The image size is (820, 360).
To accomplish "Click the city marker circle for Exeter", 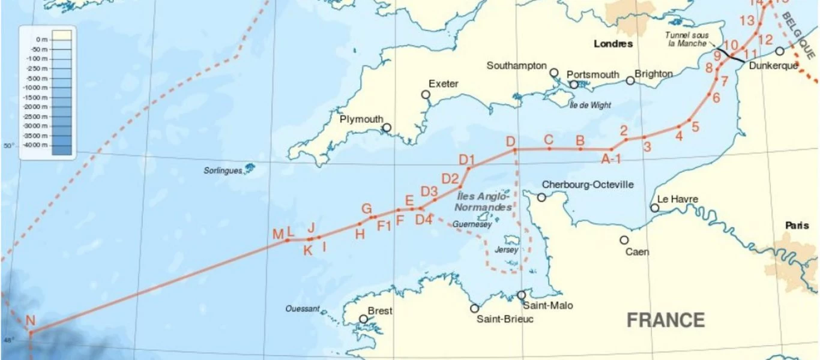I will [x=426, y=94].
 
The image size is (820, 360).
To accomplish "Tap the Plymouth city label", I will [x=361, y=119].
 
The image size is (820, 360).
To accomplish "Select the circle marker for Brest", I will [x=363, y=319].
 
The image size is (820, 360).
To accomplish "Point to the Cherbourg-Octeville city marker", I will [x=541, y=197].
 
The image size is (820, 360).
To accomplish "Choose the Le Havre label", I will [x=678, y=199].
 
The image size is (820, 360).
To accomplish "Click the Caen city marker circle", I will [x=624, y=240].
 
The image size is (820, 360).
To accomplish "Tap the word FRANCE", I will [x=666, y=320].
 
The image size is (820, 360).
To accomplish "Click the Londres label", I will [x=613, y=44].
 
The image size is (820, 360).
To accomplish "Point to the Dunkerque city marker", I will [x=779, y=51].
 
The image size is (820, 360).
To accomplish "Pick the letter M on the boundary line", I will [x=277, y=234].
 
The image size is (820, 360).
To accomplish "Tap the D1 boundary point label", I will [x=467, y=160].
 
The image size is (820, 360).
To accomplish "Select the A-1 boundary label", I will [x=611, y=159].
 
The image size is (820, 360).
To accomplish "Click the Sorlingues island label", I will [x=222, y=171].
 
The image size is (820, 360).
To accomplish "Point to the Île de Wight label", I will [x=590, y=105].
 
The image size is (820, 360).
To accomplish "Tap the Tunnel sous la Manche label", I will [x=687, y=38].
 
